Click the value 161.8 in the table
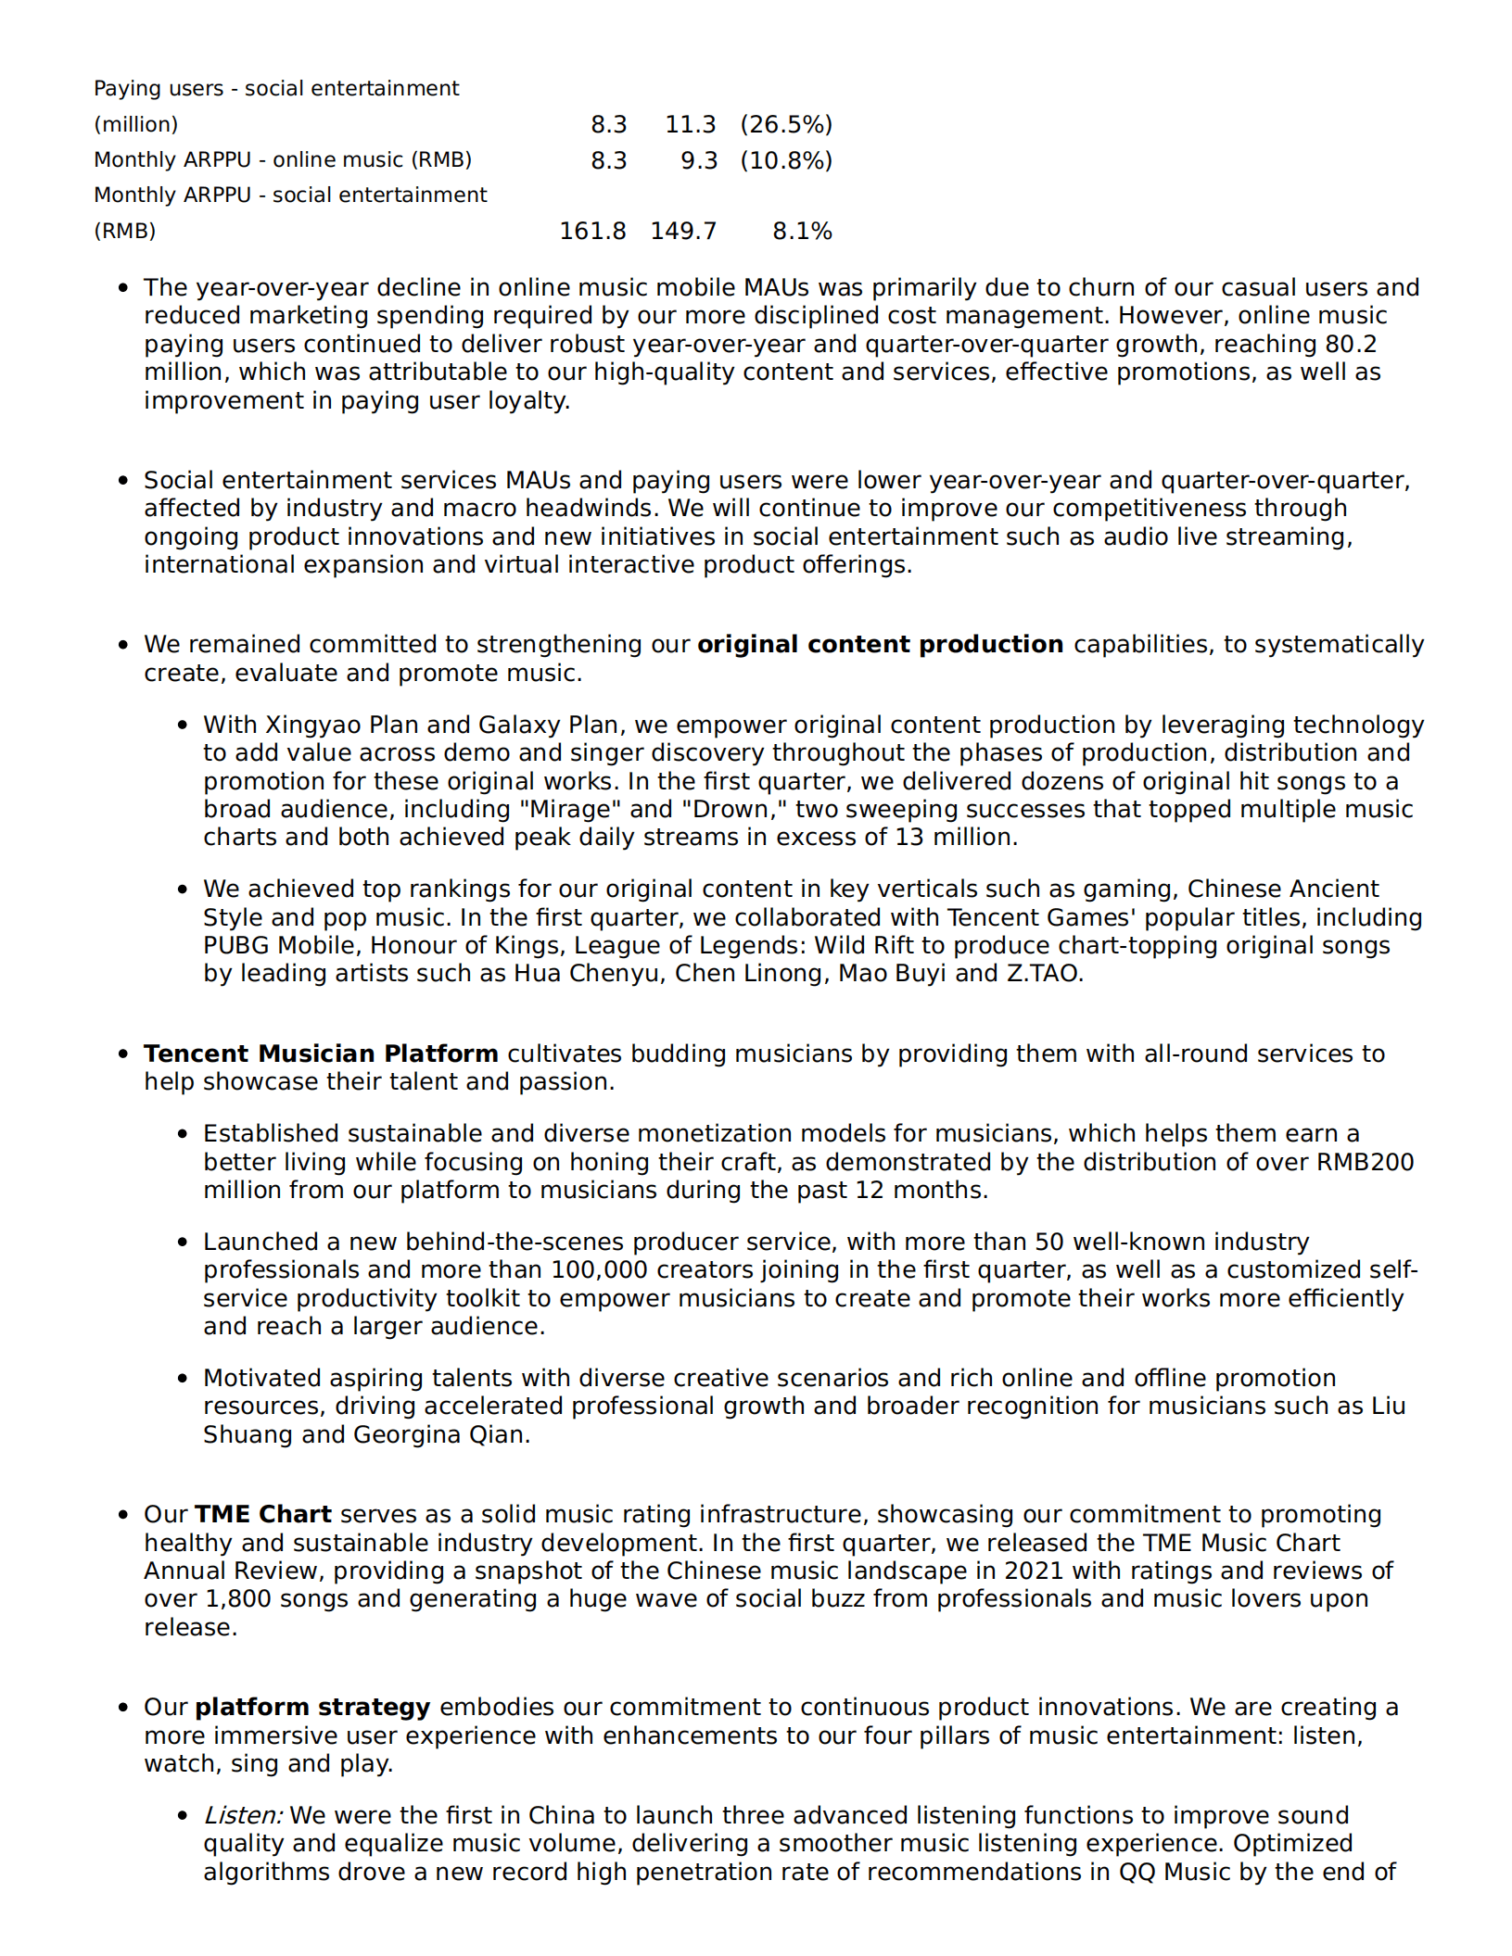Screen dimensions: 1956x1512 click(592, 231)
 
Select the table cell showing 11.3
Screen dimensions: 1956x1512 click(690, 124)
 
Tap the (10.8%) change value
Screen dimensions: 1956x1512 click(786, 160)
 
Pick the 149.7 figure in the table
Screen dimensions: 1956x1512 click(683, 231)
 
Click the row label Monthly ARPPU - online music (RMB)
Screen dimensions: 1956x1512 click(283, 159)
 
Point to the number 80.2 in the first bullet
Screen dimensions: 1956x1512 click(1351, 344)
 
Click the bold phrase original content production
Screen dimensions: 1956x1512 click(880, 644)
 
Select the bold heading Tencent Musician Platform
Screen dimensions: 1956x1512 click(321, 1054)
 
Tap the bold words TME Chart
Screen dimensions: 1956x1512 click(263, 1514)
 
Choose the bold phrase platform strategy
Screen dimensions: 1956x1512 click(312, 1707)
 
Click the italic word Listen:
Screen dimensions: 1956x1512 click(244, 1815)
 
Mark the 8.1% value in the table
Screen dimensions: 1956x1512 click(802, 231)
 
